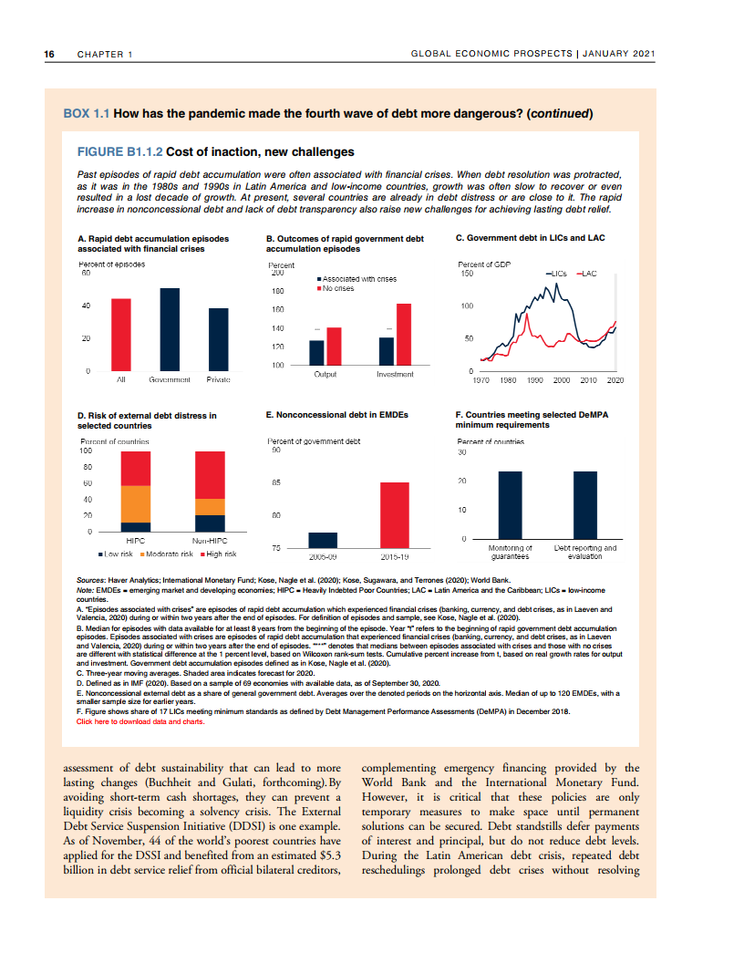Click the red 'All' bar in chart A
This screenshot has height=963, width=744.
pos(121,335)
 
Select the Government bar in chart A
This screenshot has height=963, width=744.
pos(170,329)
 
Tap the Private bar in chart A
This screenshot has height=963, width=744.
pos(218,339)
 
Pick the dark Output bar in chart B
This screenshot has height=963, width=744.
pos(316,353)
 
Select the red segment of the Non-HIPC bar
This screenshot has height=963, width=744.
pos(210,474)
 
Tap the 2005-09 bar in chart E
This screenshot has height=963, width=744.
pos(324,540)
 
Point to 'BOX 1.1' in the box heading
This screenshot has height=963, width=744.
pos(86,114)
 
